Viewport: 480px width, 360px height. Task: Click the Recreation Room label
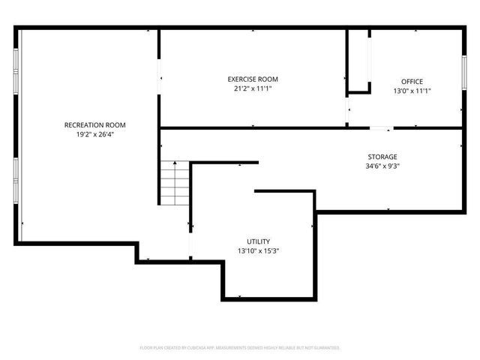(x=94, y=124)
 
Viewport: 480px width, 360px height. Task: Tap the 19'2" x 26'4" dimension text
(x=94, y=135)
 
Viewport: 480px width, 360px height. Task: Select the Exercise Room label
(x=253, y=79)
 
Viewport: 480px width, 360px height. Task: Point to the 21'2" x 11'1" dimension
(x=253, y=88)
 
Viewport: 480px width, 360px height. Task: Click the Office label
(x=412, y=81)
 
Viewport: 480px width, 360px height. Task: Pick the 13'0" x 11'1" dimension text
(x=412, y=91)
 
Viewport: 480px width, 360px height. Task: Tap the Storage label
(x=382, y=157)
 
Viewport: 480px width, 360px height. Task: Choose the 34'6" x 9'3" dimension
(x=382, y=166)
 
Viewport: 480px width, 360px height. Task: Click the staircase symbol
(x=175, y=184)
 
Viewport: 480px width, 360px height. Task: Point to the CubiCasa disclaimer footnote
(x=240, y=348)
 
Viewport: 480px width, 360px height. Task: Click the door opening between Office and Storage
(x=381, y=128)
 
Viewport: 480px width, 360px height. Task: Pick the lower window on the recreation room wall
(x=16, y=180)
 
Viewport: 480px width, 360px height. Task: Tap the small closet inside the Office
(x=358, y=60)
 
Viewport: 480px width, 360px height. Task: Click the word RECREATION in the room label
(x=83, y=124)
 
